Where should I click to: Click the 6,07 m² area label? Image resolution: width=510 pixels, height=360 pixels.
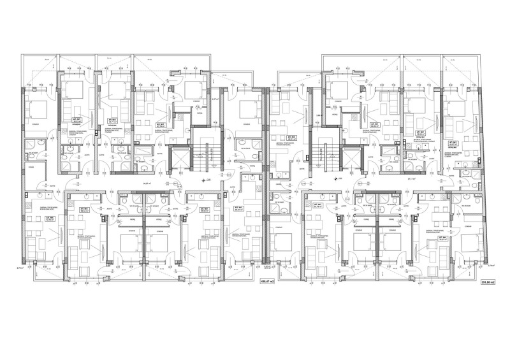point(215,99)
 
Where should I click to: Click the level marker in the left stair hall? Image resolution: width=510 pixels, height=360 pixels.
point(203,180)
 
